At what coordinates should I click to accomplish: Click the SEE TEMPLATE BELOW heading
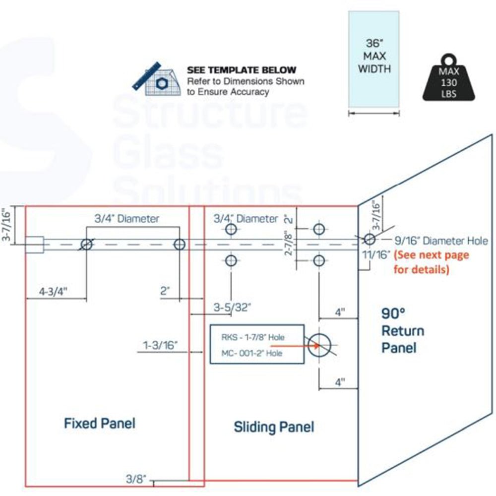pyautogui.click(x=242, y=70)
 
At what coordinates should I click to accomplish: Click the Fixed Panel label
pyautogui.click(x=100, y=423)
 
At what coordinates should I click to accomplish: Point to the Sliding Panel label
pyautogui.click(x=274, y=427)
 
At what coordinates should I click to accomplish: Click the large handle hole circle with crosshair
pyautogui.click(x=319, y=344)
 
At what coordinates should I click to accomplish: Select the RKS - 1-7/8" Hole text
pyautogui.click(x=253, y=337)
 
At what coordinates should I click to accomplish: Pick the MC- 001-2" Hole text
pyautogui.click(x=252, y=353)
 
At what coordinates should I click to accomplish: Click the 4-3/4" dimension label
pyautogui.click(x=54, y=292)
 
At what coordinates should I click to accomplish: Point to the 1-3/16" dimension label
pyautogui.click(x=160, y=346)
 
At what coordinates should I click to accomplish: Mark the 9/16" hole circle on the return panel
pyautogui.click(x=369, y=240)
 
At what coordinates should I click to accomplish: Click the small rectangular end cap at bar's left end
pyautogui.click(x=34, y=245)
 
